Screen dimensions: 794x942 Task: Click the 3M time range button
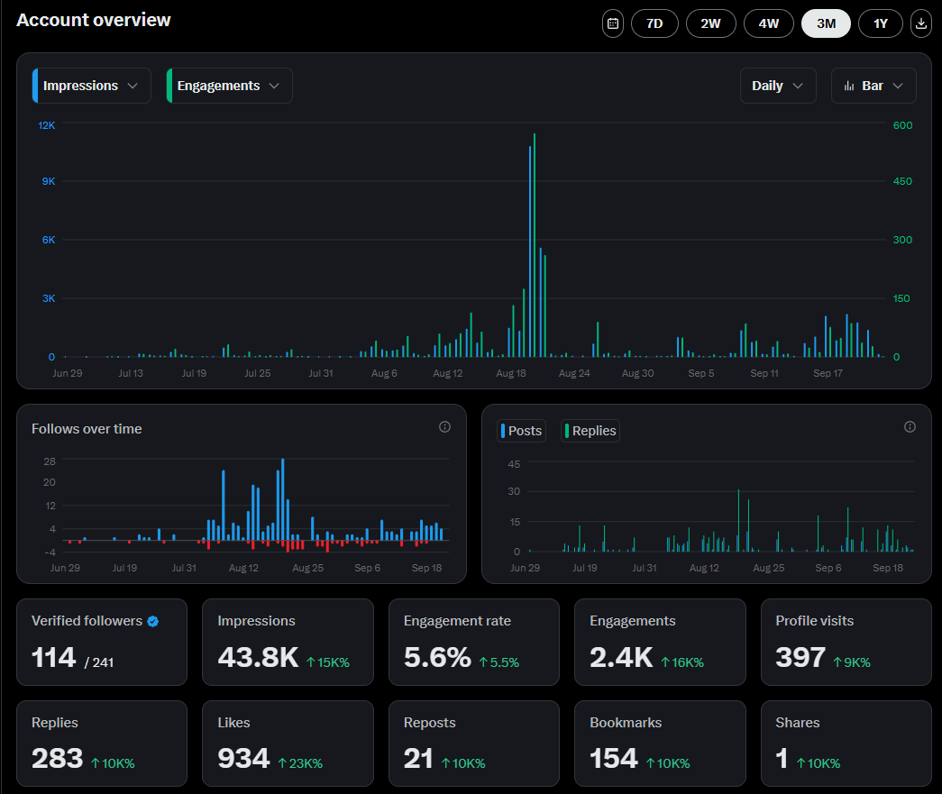tap(826, 23)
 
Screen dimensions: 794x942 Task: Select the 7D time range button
tap(654, 23)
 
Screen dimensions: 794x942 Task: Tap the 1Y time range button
tap(881, 23)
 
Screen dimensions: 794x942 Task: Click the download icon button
tap(921, 23)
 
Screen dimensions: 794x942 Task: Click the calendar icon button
tap(613, 23)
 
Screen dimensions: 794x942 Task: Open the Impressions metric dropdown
tap(92, 86)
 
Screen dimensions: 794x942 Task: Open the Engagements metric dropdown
tap(230, 86)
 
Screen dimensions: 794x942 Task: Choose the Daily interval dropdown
tap(778, 86)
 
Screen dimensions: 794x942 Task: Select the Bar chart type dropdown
tap(873, 86)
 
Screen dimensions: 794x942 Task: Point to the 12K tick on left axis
tap(46, 125)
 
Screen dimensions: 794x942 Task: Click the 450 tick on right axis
tap(901, 181)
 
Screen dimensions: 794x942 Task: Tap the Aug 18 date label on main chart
tap(510, 373)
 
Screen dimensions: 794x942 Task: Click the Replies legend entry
tap(590, 431)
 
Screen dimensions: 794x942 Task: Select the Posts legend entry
tap(521, 431)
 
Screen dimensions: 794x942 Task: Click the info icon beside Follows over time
tap(444, 427)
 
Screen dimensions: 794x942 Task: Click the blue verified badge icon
tap(153, 621)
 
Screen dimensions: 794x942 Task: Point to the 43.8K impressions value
tap(258, 658)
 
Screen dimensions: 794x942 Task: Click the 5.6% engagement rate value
tap(437, 658)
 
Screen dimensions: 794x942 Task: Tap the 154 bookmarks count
tap(614, 759)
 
